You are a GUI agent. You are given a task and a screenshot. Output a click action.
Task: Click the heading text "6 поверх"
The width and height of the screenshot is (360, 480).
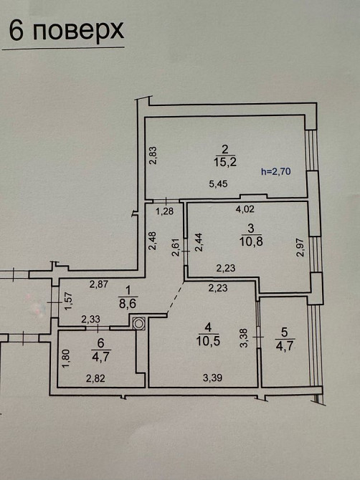[66, 30]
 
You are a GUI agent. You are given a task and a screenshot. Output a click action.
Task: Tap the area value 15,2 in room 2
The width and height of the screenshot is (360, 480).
[225, 162]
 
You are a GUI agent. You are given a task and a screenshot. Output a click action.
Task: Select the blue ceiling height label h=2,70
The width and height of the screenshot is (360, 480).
[276, 171]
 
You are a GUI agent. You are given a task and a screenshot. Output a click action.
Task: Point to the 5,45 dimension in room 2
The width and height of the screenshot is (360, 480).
[218, 183]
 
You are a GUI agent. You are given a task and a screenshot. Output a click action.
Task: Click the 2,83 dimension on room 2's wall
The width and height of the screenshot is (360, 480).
[153, 155]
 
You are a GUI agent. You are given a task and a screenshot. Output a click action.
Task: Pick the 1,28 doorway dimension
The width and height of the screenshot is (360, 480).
[165, 211]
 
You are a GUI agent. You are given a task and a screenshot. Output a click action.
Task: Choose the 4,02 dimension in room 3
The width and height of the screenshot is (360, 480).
[245, 209]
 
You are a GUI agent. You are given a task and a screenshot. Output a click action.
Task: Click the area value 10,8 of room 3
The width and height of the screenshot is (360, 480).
[251, 241]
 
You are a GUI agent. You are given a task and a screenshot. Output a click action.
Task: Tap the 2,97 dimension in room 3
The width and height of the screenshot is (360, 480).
[300, 247]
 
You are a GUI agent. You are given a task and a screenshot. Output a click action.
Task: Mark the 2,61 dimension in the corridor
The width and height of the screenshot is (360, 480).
[176, 247]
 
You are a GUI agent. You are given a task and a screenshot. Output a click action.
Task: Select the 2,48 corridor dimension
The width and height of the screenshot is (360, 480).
[153, 241]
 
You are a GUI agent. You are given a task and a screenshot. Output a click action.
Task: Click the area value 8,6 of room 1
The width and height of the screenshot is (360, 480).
[128, 304]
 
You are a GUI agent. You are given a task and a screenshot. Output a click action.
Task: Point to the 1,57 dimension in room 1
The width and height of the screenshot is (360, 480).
[69, 301]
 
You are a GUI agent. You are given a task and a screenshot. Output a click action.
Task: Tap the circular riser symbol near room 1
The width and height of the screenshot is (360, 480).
[139, 323]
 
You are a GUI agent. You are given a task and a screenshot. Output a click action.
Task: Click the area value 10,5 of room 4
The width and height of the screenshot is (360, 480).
[208, 341]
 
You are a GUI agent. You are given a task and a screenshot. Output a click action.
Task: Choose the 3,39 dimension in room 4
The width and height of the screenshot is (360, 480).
[213, 378]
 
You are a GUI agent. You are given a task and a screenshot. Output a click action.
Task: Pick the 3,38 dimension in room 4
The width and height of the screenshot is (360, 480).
[245, 338]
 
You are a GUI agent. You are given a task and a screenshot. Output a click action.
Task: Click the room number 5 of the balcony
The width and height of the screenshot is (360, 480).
[284, 332]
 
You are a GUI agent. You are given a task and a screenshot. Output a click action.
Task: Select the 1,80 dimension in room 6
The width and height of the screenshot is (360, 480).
[66, 359]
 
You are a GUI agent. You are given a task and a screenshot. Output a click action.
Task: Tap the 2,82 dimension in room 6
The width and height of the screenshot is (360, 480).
[95, 378]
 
